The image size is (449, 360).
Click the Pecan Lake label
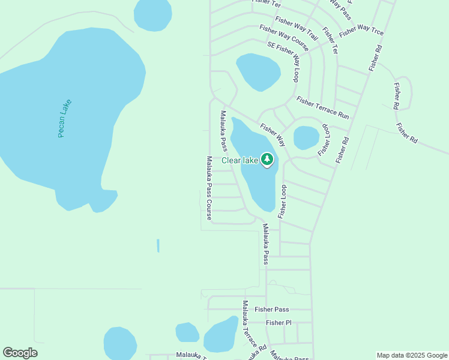(65, 118)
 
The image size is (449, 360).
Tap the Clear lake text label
(240, 160)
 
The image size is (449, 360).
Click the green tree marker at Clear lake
(267, 159)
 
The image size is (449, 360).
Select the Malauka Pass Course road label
(209, 188)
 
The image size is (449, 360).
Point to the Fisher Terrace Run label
(322, 107)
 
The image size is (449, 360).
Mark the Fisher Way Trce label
(361, 29)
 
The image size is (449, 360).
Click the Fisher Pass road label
(271, 310)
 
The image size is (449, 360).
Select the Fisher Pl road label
(279, 323)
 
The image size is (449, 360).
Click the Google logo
(20, 353)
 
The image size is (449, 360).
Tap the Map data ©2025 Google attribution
(412, 355)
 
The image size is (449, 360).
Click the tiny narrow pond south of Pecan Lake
(158, 245)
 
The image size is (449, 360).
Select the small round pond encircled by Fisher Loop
(306, 138)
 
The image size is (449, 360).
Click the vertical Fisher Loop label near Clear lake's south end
(283, 201)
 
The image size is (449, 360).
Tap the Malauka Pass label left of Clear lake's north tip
(223, 131)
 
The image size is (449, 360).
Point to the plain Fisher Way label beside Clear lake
(273, 135)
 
